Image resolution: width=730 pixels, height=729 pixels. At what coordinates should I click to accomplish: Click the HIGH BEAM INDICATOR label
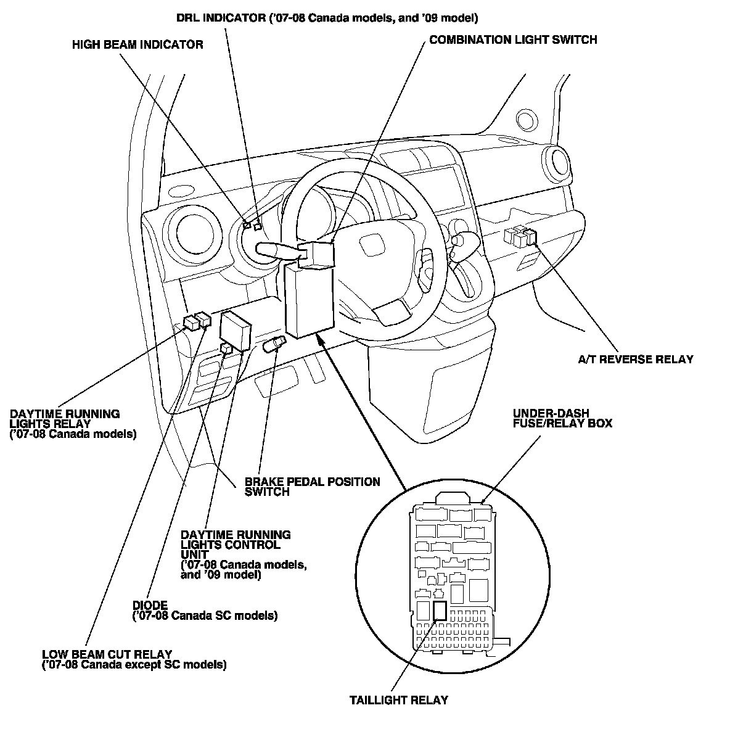point(137,45)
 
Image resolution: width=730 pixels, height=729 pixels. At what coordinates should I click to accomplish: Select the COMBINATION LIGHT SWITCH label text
point(513,40)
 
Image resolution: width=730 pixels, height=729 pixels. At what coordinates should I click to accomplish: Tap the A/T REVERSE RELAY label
point(636,359)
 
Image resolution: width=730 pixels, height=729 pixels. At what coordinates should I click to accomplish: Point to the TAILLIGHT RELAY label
point(398,700)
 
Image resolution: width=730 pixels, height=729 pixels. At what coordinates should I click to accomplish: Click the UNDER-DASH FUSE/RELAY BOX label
point(562,418)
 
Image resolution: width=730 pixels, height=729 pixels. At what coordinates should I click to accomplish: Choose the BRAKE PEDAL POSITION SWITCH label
point(313,487)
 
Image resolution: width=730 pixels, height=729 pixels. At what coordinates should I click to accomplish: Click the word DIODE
point(150,605)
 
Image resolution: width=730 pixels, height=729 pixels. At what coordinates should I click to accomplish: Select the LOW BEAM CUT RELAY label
point(134,659)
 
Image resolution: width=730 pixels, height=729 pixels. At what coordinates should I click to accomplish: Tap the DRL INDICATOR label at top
point(327,18)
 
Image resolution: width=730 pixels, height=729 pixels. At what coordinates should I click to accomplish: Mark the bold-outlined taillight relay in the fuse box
point(440,610)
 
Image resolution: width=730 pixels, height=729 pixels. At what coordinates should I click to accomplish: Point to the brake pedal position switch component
point(275,345)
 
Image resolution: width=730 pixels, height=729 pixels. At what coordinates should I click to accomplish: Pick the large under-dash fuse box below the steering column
point(309,300)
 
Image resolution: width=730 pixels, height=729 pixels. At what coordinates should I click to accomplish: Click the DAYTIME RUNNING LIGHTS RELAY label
point(73,424)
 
